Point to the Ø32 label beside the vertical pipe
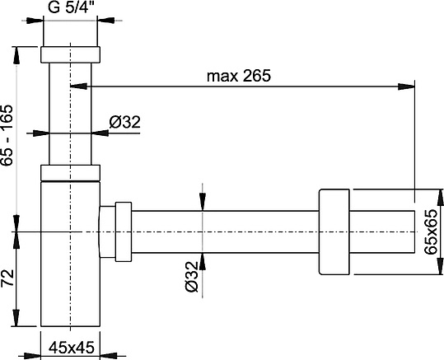coord(125,123)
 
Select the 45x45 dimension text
coord(69,346)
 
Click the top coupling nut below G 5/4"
coord(70,54)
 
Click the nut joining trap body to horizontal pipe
coord(117,233)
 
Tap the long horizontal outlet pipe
coord(222,233)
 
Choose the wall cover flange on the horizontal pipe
coord(333,233)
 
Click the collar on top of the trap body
coord(70,172)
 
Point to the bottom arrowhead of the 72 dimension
coord(15,329)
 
